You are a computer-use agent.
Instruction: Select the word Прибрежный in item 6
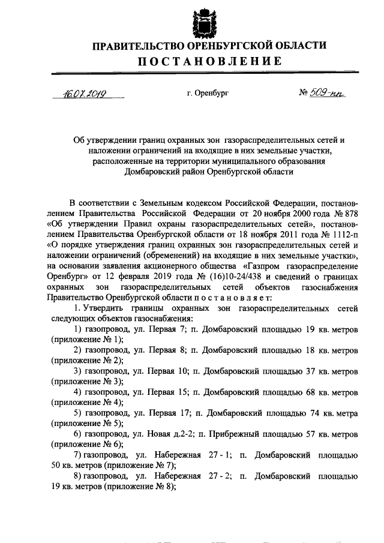[233, 434]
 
